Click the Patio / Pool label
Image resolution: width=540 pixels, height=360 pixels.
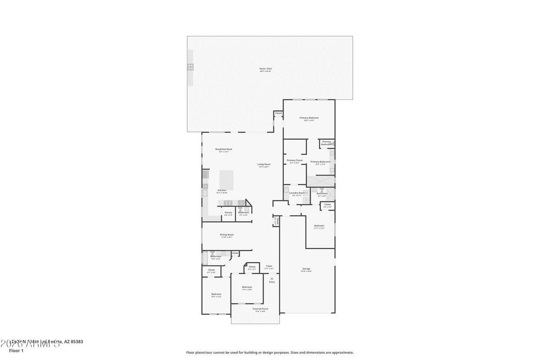[265, 69]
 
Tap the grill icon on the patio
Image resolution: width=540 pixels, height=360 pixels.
[190, 67]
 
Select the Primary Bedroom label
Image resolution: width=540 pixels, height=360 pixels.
[309, 118]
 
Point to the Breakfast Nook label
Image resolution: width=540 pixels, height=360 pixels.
[224, 149]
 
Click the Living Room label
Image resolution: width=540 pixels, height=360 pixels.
[264, 164]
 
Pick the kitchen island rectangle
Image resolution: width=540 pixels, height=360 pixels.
[226, 180]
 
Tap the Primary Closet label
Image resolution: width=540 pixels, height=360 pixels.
[295, 160]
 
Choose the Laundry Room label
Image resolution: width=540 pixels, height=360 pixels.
[297, 193]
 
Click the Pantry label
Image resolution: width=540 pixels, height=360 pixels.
[228, 212]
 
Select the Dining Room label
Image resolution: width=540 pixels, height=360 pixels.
[227, 234]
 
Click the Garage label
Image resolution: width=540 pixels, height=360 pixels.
[306, 269]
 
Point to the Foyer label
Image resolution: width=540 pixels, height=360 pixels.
[269, 266]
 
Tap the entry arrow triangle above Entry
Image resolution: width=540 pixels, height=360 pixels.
[272, 279]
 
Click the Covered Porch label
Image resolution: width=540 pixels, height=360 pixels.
[260, 309]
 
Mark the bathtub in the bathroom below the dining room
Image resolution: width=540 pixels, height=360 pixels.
[204, 258]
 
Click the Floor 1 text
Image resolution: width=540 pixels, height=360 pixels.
[16, 351]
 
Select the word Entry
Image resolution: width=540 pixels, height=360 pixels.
[272, 282]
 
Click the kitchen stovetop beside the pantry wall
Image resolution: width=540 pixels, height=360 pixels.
[228, 203]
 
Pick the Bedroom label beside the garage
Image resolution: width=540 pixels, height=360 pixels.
[319, 225]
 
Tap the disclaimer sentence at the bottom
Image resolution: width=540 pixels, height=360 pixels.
[270, 353]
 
